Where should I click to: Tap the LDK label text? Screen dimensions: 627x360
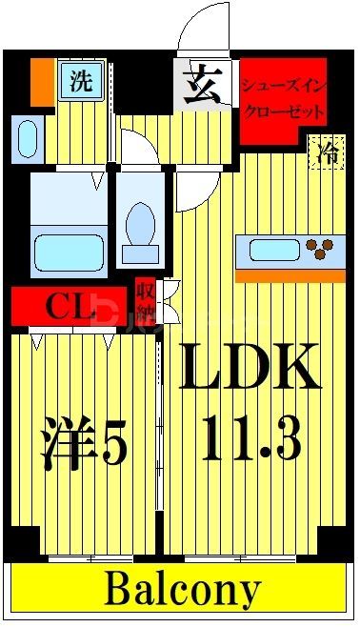(x=250, y=368)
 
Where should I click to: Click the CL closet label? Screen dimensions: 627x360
(x=69, y=307)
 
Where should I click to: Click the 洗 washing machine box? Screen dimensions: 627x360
(x=80, y=80)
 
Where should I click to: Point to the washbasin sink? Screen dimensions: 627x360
(x=28, y=138)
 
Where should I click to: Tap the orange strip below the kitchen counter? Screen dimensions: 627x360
(x=290, y=275)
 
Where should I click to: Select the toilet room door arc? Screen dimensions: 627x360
(x=133, y=148)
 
